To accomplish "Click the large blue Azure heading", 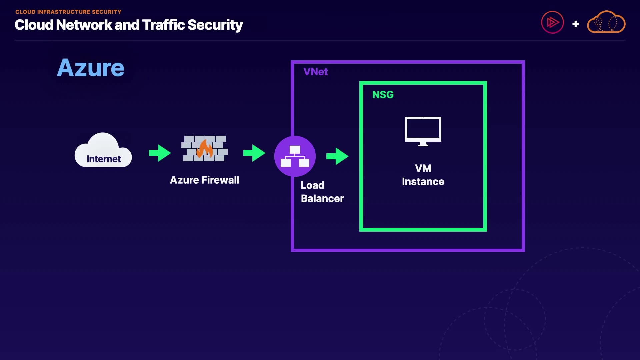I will (x=90, y=68).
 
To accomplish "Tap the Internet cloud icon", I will (x=103, y=151).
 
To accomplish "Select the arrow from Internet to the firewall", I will (x=160, y=153).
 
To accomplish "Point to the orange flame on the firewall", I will (x=205, y=149).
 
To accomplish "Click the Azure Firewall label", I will (x=204, y=180).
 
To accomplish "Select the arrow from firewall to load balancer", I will (x=254, y=153).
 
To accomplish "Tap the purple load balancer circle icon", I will (x=295, y=156).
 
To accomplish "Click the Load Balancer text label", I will (x=322, y=192).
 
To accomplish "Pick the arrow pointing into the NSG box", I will (x=337, y=156).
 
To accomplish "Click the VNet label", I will (x=315, y=72).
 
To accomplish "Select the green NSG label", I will (x=383, y=95).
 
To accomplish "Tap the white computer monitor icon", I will (x=423, y=131).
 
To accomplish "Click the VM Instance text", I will (x=423, y=175).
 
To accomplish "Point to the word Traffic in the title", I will (x=163, y=25).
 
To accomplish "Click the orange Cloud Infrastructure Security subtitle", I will (x=68, y=12).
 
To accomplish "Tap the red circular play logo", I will (x=552, y=23).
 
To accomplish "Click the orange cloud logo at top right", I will (x=606, y=22).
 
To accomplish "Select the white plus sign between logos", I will (x=575, y=24).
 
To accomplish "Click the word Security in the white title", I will (x=215, y=25).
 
